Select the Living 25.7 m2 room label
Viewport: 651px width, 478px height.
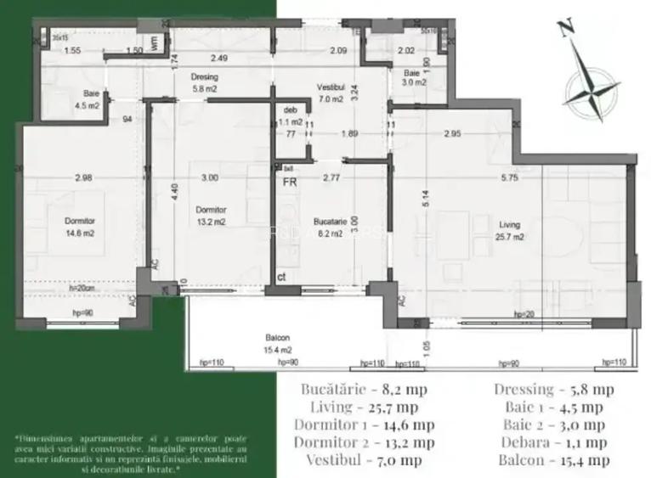click(x=511, y=231)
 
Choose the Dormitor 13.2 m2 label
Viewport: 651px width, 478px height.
click(x=210, y=216)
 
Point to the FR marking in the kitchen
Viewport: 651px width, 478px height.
click(x=289, y=181)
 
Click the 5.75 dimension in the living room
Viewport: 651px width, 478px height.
click(x=509, y=177)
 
